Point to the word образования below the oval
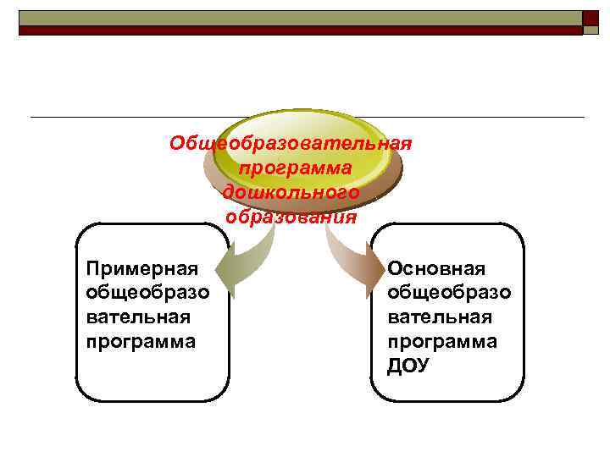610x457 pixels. (291, 217)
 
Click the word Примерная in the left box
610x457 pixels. (142, 269)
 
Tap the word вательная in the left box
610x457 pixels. (138, 317)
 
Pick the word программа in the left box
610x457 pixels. (141, 342)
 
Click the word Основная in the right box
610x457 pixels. (436, 269)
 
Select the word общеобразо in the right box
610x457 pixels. (449, 293)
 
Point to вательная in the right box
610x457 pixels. (440, 317)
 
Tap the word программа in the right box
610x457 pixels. (442, 342)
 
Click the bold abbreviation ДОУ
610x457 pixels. (408, 366)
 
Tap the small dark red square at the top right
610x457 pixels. (591, 18)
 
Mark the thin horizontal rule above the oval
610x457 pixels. (127, 117)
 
